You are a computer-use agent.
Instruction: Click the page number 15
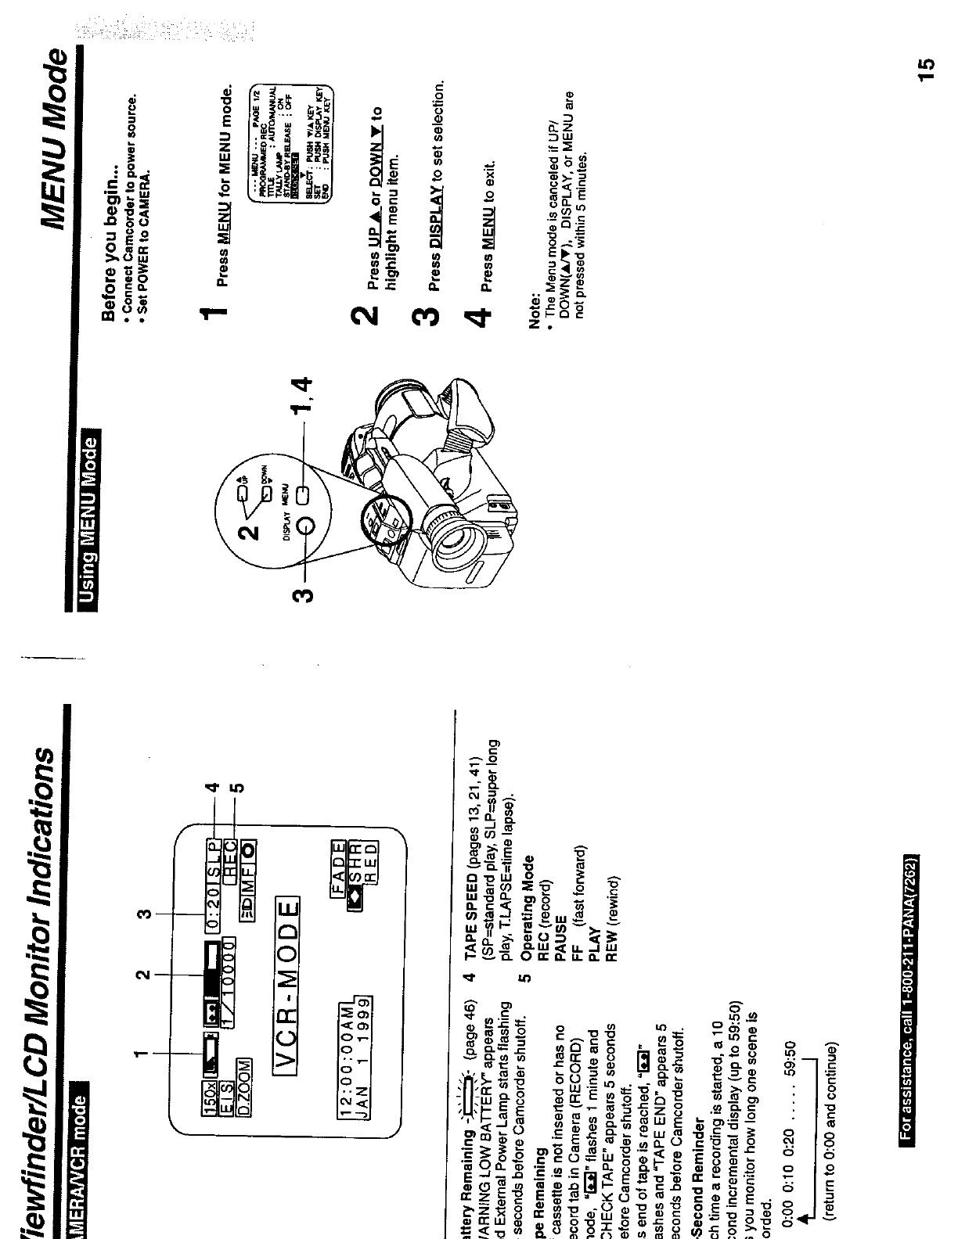click(926, 69)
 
